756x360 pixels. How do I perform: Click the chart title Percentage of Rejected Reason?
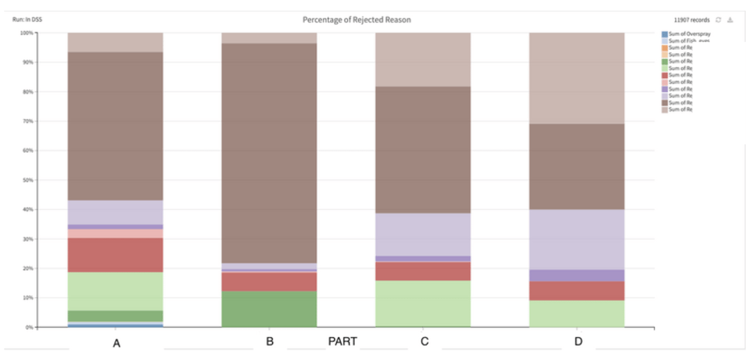(x=356, y=20)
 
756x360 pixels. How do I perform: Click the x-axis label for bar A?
(x=116, y=343)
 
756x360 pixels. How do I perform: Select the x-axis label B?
(x=270, y=341)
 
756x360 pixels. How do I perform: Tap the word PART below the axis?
(x=342, y=341)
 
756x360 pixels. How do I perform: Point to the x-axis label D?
(x=578, y=341)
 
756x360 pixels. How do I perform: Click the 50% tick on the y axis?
(x=27, y=180)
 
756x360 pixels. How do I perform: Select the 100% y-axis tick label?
(x=27, y=33)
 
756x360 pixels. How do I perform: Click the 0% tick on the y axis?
(x=29, y=327)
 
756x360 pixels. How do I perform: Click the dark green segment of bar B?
(x=269, y=309)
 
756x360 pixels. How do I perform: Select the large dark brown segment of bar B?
(x=269, y=153)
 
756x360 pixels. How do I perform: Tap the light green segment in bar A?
(x=115, y=292)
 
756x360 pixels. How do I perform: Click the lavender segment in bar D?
(x=577, y=239)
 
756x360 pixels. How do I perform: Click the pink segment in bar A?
(x=115, y=233)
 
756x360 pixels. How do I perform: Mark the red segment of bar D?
(x=577, y=291)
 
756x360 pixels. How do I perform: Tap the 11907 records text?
(x=691, y=20)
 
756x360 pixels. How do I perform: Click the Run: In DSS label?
(x=27, y=20)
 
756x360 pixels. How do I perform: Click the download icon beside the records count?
(x=730, y=20)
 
